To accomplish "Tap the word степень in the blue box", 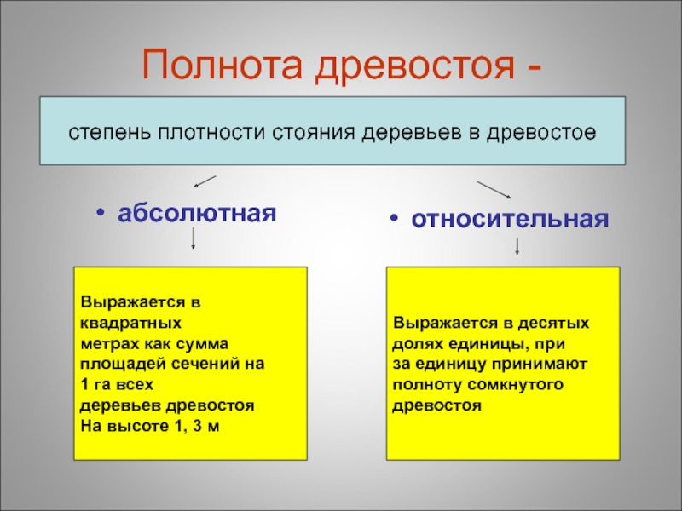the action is (x=102, y=133).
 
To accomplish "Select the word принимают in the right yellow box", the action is (x=546, y=364).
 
